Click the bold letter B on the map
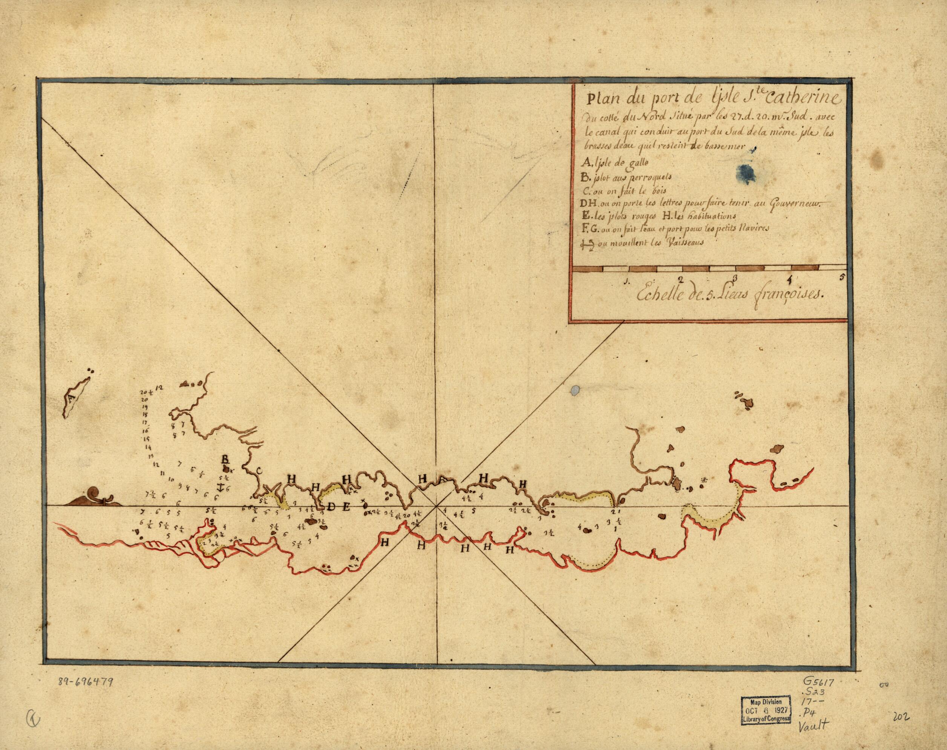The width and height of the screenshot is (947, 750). (225, 459)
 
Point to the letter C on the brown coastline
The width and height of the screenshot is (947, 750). (259, 471)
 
